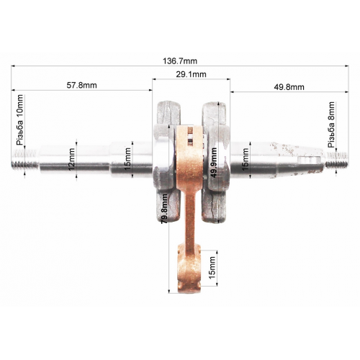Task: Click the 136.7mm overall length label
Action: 180,61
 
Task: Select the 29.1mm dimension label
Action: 191,74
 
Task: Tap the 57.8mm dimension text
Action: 81,85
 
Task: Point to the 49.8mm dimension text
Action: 289,87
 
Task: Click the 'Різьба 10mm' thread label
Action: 20,120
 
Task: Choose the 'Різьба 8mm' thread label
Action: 331,125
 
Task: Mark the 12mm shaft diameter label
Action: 71,159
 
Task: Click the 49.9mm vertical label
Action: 213,162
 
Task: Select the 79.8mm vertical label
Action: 164,209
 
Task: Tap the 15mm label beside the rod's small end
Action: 212,268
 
